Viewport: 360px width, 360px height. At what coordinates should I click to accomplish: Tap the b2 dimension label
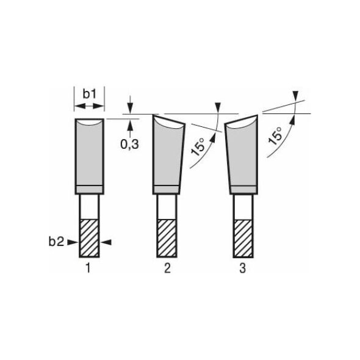pos(56,242)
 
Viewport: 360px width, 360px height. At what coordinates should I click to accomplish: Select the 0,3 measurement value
pos(130,145)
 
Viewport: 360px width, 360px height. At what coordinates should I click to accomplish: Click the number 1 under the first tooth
pos(88,268)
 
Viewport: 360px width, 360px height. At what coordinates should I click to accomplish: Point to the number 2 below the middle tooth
pos(167,268)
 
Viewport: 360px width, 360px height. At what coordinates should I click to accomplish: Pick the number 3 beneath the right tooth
pos(243,268)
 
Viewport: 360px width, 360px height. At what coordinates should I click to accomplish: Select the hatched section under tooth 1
pos(89,239)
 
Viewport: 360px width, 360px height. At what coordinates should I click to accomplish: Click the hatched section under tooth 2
pos(167,239)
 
